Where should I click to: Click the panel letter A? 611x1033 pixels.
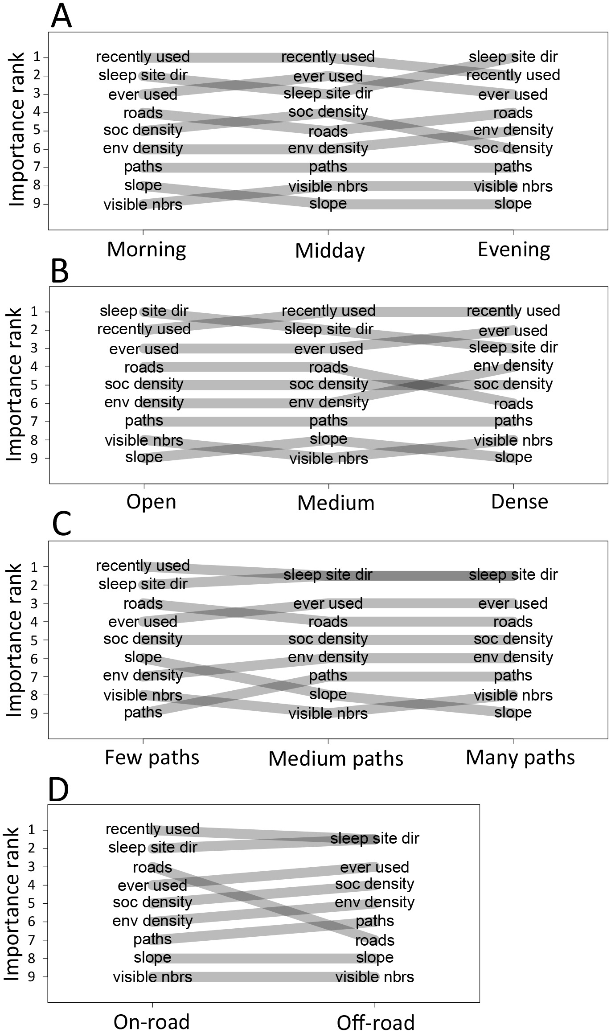pos(61,17)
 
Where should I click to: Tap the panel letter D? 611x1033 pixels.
pos(58,789)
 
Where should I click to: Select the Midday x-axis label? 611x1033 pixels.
pos(330,251)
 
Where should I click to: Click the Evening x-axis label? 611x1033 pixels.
pos(514,250)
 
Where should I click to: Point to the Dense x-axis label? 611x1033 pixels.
pos(520,502)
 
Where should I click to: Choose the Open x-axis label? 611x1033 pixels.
pos(151,502)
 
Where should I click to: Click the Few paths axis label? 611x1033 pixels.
pos(152,757)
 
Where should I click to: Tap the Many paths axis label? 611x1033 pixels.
pos(520,757)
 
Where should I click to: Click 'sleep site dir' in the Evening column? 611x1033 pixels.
pos(513,57)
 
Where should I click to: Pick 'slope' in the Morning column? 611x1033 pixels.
pos(143,185)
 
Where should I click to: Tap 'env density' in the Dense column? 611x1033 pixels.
pos(513,366)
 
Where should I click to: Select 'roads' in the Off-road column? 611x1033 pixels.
pos(374,940)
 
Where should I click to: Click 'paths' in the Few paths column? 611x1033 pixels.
pos(143,712)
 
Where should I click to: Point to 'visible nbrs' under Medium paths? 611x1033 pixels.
pos(328,713)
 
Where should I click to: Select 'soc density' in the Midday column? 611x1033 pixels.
pos(328,112)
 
